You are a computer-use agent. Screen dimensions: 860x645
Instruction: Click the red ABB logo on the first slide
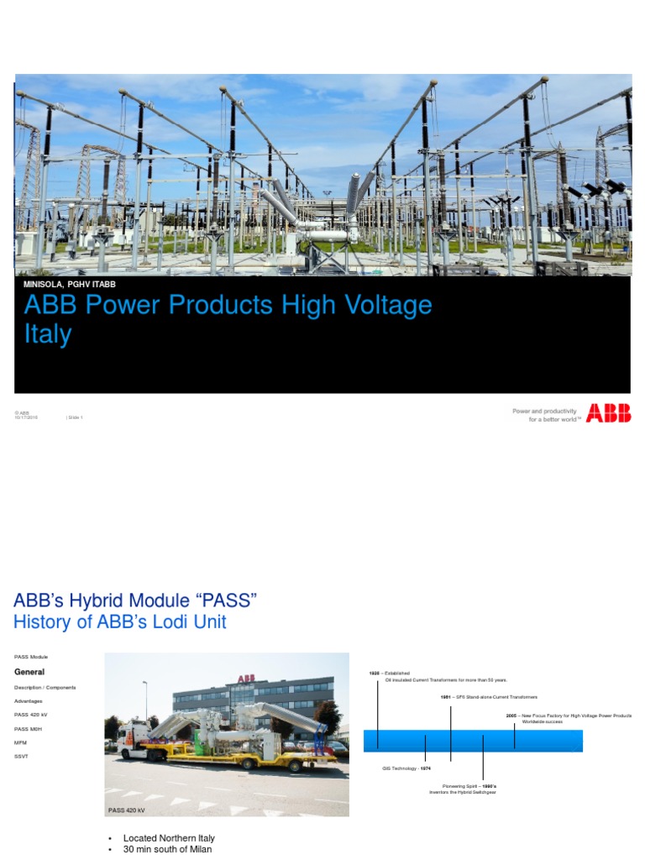(x=608, y=412)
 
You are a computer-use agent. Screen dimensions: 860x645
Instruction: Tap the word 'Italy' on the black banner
(x=48, y=334)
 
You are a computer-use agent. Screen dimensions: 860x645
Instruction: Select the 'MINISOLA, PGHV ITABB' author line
(x=69, y=285)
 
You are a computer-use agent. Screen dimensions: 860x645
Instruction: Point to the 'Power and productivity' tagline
(x=544, y=412)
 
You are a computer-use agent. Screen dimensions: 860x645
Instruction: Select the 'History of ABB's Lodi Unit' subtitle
(x=120, y=622)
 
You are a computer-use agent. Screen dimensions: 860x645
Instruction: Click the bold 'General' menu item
(x=29, y=672)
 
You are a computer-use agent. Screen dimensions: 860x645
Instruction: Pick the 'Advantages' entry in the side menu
(x=28, y=700)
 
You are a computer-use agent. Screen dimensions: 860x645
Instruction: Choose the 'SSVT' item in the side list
(x=21, y=756)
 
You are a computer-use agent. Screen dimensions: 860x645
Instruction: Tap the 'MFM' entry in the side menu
(x=20, y=742)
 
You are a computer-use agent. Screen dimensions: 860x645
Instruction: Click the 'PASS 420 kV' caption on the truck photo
(x=128, y=810)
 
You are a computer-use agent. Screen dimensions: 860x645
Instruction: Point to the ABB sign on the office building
(x=245, y=679)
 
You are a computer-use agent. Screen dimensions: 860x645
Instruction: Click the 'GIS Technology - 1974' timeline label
(x=406, y=768)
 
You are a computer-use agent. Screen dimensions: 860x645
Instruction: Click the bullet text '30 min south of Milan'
(x=167, y=849)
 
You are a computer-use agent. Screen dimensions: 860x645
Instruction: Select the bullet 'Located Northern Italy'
(x=169, y=838)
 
